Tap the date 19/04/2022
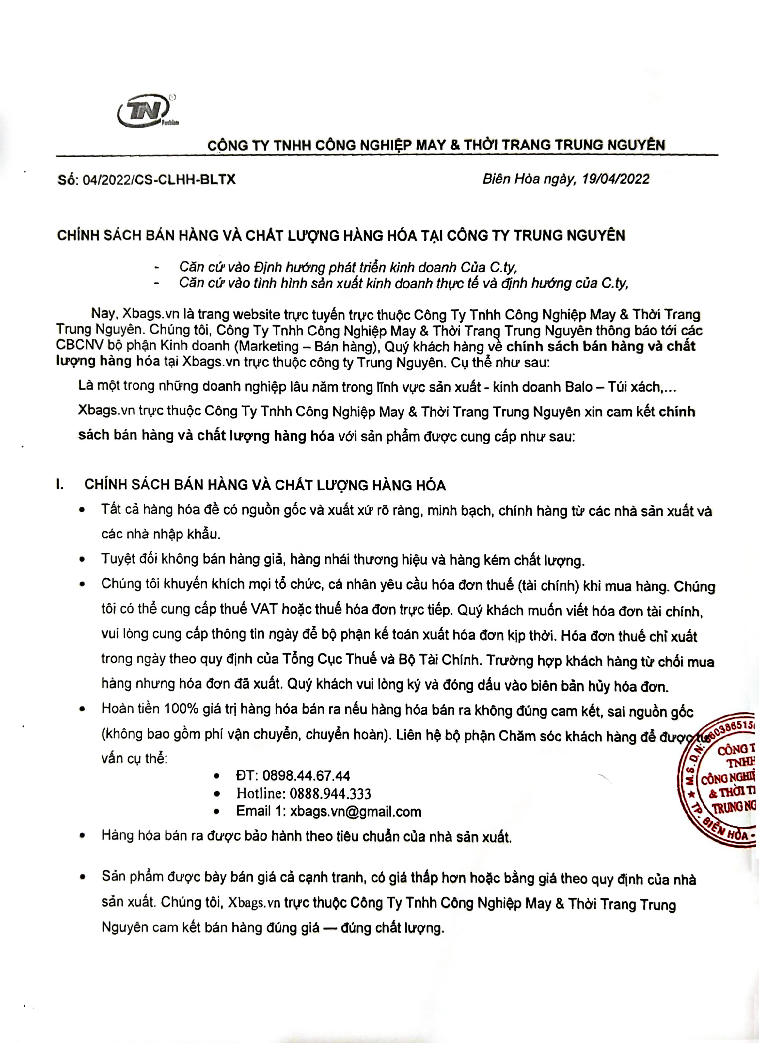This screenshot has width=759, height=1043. coord(615,179)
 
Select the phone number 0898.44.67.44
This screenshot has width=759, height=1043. coord(306,776)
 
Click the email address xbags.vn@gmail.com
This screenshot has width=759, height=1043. coord(356,811)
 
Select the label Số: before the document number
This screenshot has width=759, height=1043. coord(68,179)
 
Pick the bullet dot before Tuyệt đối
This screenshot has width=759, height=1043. coord(82,560)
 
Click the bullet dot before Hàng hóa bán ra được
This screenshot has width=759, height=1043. coord(82,835)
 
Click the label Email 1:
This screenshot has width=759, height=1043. coord(261,811)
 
